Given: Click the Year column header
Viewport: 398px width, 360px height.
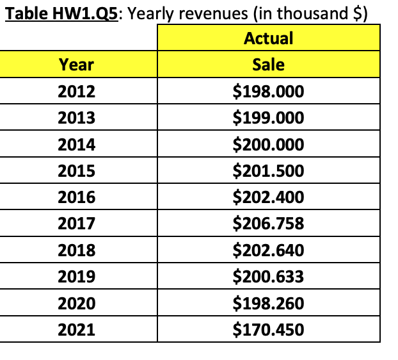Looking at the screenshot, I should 76,64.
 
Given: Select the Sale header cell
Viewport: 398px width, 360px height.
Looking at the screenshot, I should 268,64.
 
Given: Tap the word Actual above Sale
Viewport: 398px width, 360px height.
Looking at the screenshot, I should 268,38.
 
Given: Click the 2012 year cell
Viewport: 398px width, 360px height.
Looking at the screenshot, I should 76,92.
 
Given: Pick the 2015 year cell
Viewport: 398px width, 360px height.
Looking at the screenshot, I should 76,171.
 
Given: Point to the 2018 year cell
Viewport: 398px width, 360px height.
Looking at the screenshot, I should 76,250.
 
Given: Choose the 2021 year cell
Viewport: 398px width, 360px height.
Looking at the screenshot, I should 76,330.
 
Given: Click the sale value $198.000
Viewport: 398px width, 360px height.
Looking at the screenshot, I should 268,92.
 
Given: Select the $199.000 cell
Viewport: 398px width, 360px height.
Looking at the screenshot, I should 268,118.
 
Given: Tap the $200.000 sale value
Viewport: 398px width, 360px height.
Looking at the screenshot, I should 268,145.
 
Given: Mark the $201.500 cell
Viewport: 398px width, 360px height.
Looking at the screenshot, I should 268,171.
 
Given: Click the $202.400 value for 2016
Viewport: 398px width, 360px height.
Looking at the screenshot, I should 268,197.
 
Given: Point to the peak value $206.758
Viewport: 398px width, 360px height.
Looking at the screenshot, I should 268,224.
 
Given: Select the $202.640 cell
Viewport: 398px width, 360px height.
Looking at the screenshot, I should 268,250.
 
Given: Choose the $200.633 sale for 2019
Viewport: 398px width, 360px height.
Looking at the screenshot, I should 268,277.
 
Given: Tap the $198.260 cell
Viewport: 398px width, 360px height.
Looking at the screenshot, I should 268,303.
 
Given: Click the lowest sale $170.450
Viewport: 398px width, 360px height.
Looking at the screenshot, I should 268,330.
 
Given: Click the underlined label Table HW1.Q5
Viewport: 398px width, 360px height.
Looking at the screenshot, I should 61,13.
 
